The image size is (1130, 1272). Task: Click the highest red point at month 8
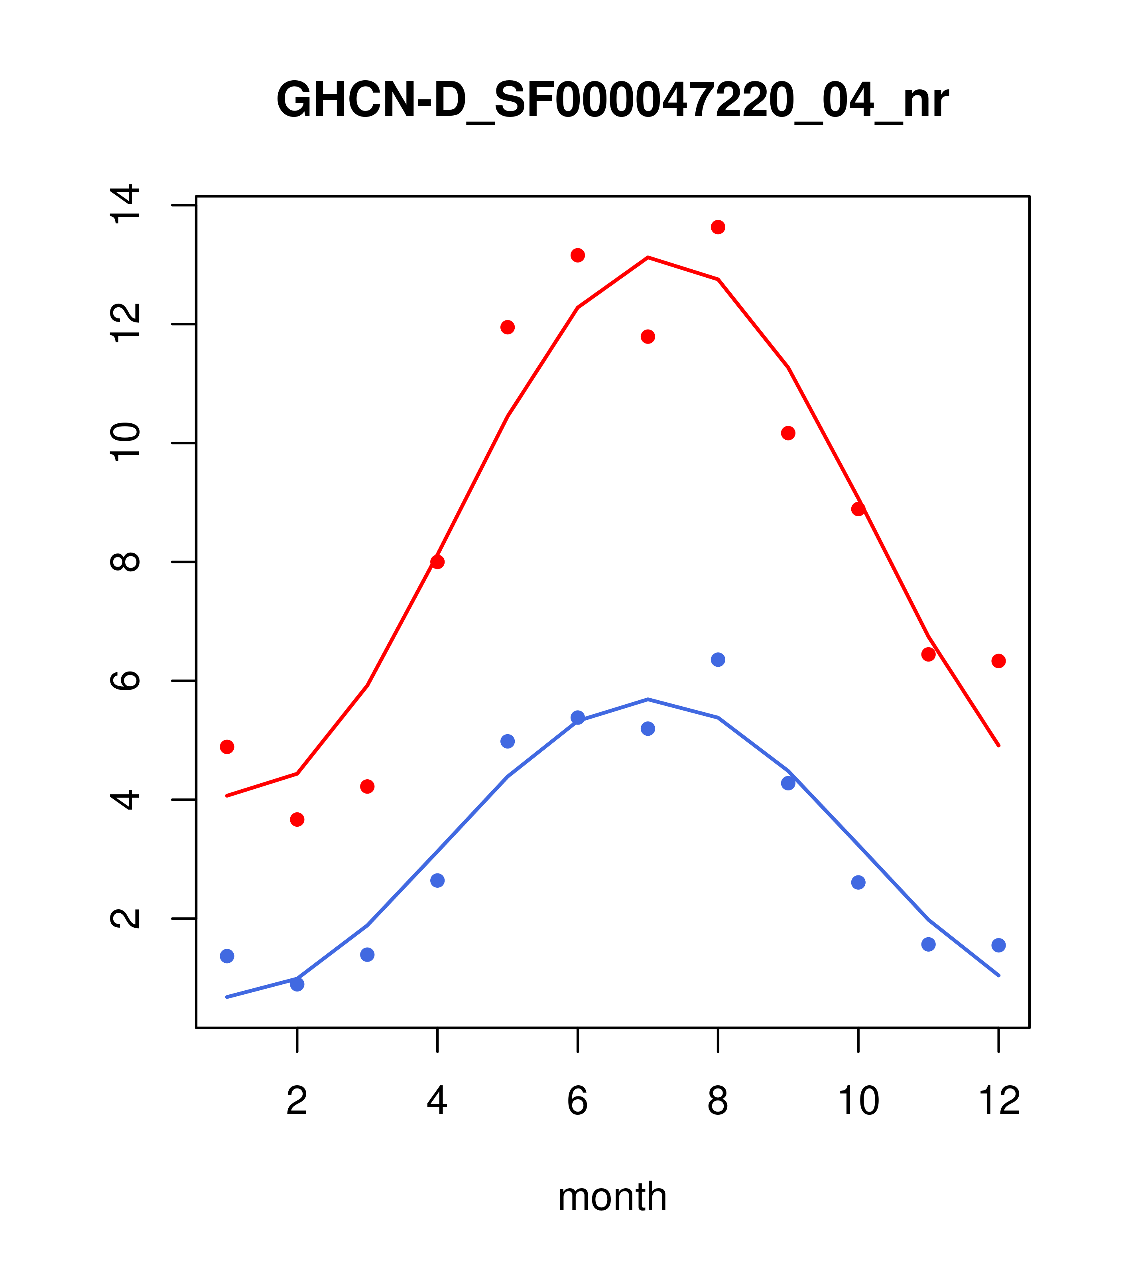tap(718, 227)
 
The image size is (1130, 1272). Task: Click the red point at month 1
tap(227, 747)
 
